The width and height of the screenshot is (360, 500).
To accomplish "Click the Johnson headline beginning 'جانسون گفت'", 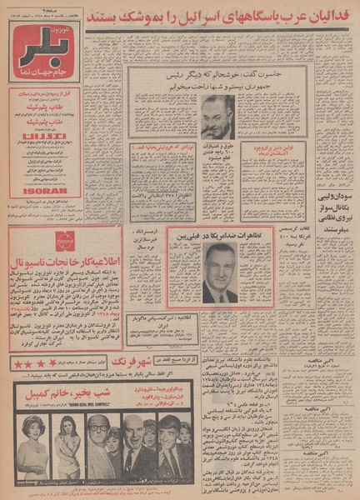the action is pyautogui.click(x=222, y=76).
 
